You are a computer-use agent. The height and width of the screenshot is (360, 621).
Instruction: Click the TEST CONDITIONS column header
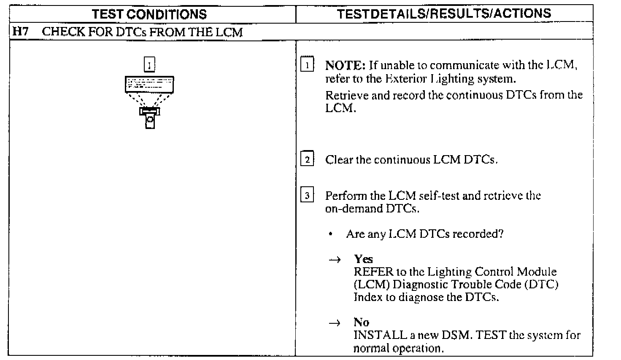coord(150,14)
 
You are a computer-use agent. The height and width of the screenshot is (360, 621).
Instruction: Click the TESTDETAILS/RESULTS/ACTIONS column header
coord(444,13)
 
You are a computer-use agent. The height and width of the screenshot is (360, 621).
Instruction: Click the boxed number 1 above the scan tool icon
coord(150,65)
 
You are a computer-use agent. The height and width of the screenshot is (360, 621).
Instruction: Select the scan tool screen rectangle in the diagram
coord(149,84)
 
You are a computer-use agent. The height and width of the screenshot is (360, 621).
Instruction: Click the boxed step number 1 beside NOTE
coord(307,65)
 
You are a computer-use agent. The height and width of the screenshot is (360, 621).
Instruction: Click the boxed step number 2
coord(307,160)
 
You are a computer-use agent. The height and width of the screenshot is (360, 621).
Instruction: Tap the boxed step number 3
coord(307,196)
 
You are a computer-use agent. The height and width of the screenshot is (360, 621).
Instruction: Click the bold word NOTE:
coord(345,65)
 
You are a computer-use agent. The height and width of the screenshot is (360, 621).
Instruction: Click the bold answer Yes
coord(363,259)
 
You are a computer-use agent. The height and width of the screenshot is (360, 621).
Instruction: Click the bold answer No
coord(362,322)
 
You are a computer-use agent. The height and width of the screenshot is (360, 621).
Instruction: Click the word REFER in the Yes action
coord(373,272)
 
